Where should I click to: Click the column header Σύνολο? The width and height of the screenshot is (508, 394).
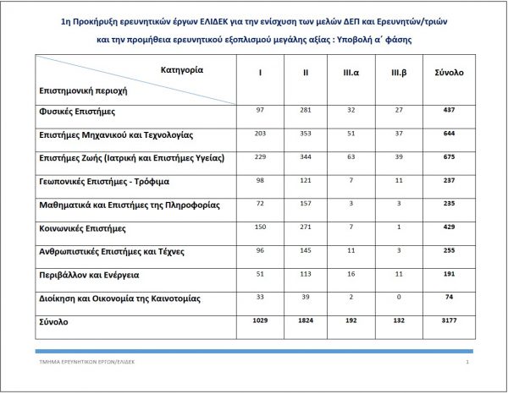[x=448, y=73]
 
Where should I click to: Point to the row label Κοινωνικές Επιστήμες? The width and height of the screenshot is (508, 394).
[x=82, y=228]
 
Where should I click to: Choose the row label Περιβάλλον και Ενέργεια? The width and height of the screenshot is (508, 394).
[x=89, y=276]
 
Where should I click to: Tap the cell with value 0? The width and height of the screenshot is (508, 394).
[x=398, y=297]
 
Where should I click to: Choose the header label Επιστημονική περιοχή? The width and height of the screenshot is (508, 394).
[x=77, y=89]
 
